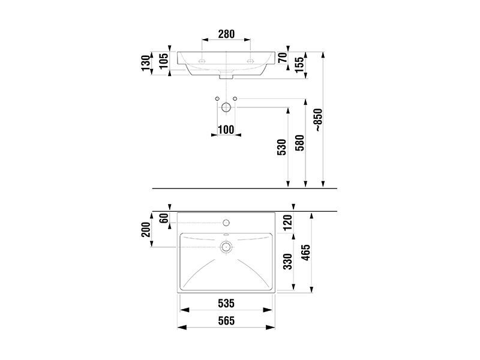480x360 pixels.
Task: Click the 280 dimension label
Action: [226, 34]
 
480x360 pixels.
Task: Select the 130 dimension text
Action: [146, 63]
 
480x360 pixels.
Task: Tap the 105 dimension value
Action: [164, 61]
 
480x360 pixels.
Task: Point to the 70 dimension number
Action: [283, 58]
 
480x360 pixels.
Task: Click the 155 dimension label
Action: [299, 65]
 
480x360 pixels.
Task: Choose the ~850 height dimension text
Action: [319, 120]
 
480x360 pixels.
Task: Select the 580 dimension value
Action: [300, 143]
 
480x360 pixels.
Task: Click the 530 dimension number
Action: [282, 147]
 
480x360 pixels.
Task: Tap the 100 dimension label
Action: [226, 130]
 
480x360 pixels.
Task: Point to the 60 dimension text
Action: [164, 218]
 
